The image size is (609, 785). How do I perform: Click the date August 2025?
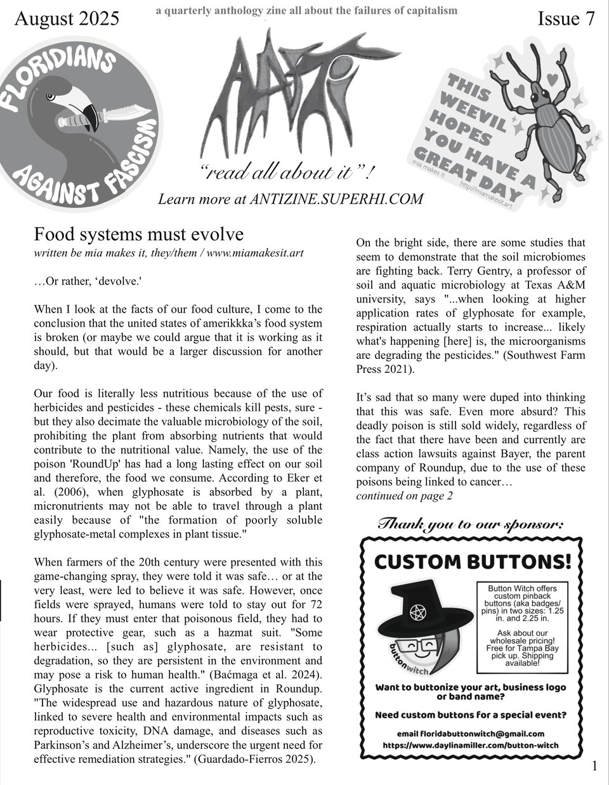[x=66, y=20]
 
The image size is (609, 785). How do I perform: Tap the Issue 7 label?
[x=566, y=20]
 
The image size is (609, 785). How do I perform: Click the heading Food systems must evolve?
[x=138, y=235]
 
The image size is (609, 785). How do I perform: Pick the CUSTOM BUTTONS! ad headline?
[x=473, y=562]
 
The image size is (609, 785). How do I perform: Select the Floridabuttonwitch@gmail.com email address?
[x=480, y=734]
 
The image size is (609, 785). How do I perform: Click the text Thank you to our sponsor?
[x=470, y=524]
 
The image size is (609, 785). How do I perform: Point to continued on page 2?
[x=404, y=496]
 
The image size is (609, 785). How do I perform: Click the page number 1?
[x=594, y=766]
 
